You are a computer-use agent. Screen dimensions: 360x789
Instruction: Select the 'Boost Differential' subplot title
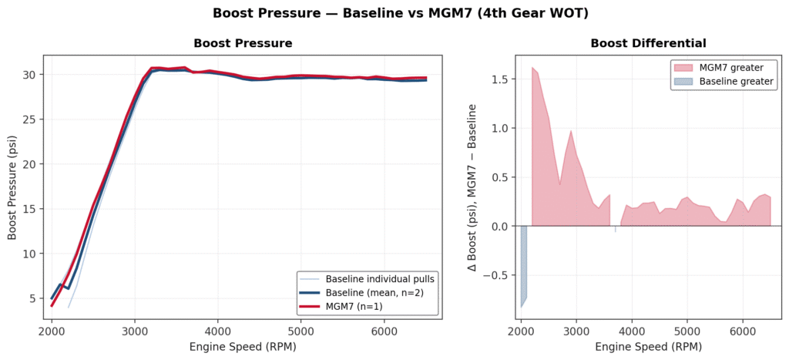click(648, 43)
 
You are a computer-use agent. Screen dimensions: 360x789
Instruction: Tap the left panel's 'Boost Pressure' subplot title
click(243, 43)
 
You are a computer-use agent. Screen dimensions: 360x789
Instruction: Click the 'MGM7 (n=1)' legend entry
click(355, 306)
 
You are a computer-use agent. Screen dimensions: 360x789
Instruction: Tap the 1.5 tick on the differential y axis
click(499, 79)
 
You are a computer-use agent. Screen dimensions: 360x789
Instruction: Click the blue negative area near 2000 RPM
click(524, 262)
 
